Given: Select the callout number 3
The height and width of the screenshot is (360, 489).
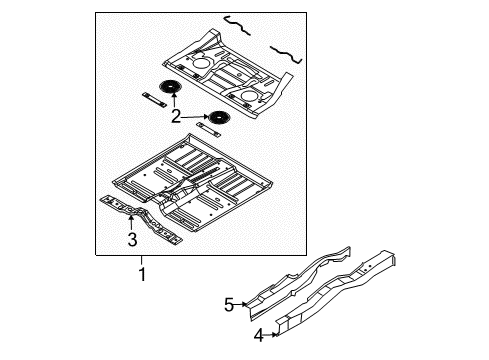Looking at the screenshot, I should [x=130, y=238].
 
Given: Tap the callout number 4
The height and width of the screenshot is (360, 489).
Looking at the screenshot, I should [x=258, y=336].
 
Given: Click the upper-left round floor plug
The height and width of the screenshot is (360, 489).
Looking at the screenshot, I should [x=170, y=88].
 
